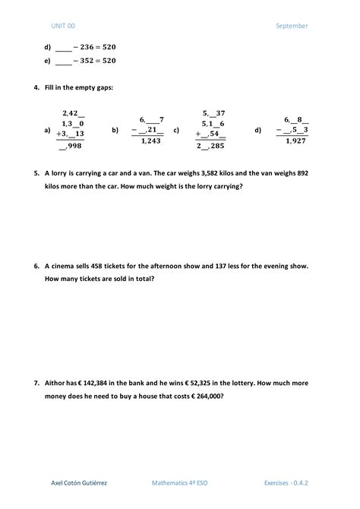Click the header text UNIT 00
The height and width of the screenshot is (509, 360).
[63, 26]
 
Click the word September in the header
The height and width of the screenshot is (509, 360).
[292, 26]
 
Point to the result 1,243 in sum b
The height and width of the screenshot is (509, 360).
[151, 141]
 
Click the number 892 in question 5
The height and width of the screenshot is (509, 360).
[302, 172]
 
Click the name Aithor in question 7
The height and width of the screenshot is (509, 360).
[55, 384]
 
